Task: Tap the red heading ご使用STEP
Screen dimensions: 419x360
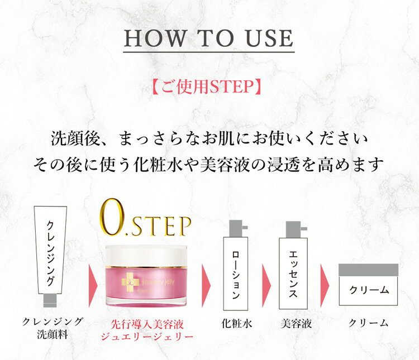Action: pyautogui.click(x=207, y=87)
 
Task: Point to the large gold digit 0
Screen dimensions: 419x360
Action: pyautogui.click(x=112, y=217)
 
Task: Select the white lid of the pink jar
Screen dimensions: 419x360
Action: pyautogui.click(x=146, y=256)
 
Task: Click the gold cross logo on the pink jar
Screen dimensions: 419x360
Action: pyautogui.click(x=131, y=282)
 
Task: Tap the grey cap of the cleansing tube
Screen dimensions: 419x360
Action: pyautogui.click(x=50, y=300)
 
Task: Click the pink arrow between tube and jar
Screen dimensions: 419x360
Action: pyautogui.click(x=93, y=286)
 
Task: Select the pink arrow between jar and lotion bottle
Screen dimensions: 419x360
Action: pyautogui.click(x=206, y=285)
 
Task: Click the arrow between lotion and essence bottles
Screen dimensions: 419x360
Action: pyautogui.click(x=266, y=285)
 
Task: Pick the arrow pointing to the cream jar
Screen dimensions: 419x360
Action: pyautogui.click(x=325, y=285)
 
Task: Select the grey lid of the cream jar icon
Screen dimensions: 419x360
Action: pyautogui.click(x=368, y=270)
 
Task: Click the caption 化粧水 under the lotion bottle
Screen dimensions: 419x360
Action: pyautogui.click(x=237, y=323)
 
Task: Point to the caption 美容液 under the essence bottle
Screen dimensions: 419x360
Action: pyautogui.click(x=296, y=323)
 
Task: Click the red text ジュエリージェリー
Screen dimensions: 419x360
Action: pyautogui.click(x=147, y=337)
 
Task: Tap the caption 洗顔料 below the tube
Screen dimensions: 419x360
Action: pyautogui.click(x=53, y=334)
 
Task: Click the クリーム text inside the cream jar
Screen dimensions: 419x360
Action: pyautogui.click(x=369, y=290)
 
